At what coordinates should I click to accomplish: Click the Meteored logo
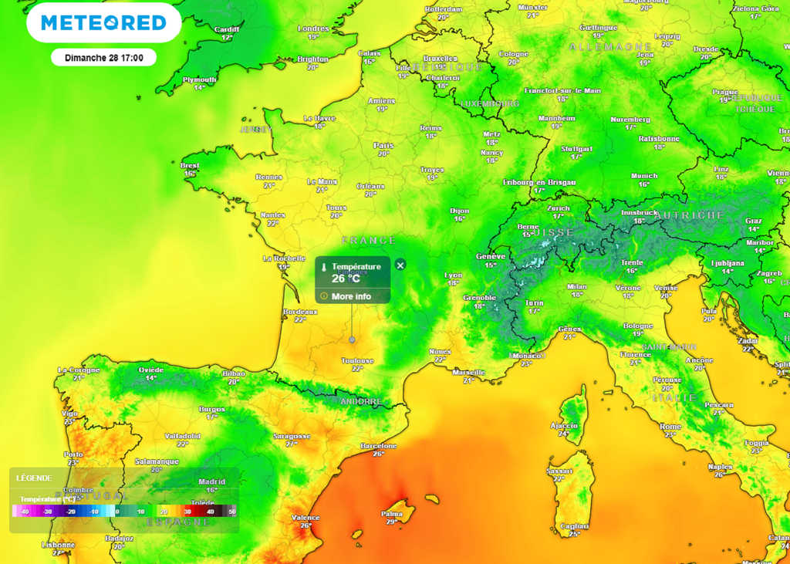[103, 23]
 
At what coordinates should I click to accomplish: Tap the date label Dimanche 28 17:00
[103, 58]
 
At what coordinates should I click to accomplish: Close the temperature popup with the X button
[400, 265]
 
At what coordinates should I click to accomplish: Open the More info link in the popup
[351, 296]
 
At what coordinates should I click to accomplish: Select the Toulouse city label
[357, 360]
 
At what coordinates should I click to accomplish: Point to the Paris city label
[383, 146]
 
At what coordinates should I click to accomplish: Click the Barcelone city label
[379, 446]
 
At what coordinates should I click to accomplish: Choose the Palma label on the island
[392, 513]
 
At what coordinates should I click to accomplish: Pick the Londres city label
[313, 29]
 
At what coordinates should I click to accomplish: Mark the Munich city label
[644, 176]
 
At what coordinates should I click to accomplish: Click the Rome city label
[670, 426]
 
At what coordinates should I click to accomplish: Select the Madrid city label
[212, 481]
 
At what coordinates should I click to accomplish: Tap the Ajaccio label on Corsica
[564, 425]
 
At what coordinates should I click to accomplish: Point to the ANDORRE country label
[361, 402]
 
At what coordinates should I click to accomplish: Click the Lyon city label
[454, 275]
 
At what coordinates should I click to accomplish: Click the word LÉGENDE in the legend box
[34, 478]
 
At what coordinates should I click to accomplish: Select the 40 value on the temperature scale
[210, 512]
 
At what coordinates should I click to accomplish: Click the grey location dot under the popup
[353, 339]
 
